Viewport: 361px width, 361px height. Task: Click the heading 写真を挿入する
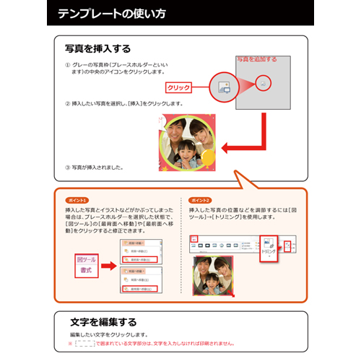(x=97, y=49)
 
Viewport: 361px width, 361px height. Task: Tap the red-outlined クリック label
(x=178, y=88)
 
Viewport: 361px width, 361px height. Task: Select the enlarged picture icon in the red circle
(x=223, y=87)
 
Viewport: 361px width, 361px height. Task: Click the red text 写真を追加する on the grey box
(x=256, y=59)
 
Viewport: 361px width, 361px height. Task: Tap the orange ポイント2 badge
(x=199, y=200)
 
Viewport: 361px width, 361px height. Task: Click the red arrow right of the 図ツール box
(x=108, y=266)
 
